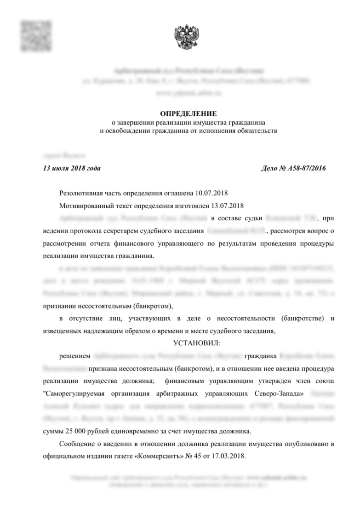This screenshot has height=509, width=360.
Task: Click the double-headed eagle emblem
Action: coord(187,38)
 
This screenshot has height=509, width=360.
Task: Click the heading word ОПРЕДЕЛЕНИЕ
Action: coord(188,114)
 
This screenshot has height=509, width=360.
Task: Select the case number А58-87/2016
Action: coord(307,168)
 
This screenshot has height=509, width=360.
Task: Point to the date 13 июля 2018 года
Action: coord(71,168)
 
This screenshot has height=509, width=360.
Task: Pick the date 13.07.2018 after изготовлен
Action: coord(227,205)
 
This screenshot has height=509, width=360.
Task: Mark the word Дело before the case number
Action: coord(270,168)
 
